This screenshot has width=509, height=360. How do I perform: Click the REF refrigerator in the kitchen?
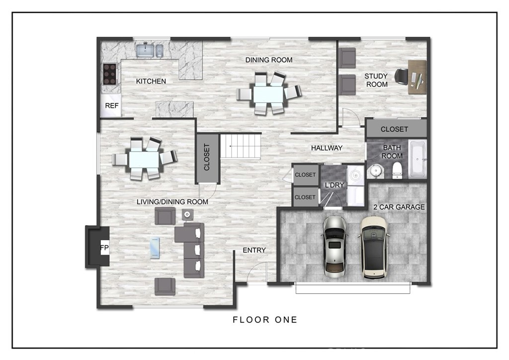point(111,105)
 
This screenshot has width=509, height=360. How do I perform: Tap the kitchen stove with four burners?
point(109,74)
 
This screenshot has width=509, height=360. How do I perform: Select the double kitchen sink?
point(150,51)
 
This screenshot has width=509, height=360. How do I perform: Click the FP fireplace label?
point(104,248)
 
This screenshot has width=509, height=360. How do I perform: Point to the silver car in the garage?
point(335,247)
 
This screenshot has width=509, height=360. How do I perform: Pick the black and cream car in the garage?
point(374,248)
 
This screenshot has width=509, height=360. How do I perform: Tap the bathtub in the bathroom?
point(418,159)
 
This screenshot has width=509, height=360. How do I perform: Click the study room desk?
point(417,77)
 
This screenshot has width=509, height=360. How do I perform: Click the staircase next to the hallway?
point(241,146)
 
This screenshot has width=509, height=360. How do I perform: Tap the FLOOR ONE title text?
point(265,320)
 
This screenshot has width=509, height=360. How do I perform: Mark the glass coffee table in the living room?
point(155,248)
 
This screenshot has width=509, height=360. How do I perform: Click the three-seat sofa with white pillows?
point(194,250)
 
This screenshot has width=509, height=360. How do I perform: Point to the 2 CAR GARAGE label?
point(399,207)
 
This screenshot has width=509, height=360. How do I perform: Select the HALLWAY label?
point(327,148)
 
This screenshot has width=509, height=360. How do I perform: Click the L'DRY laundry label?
point(335,185)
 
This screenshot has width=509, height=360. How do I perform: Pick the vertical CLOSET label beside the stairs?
point(207,157)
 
